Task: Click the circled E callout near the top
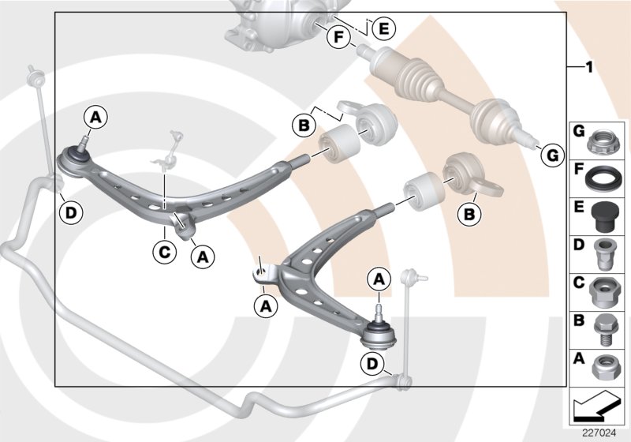pos(384,29)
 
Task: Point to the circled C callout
pos(163,253)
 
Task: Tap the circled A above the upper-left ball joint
pos(95,118)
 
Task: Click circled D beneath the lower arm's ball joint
pos(372,364)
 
